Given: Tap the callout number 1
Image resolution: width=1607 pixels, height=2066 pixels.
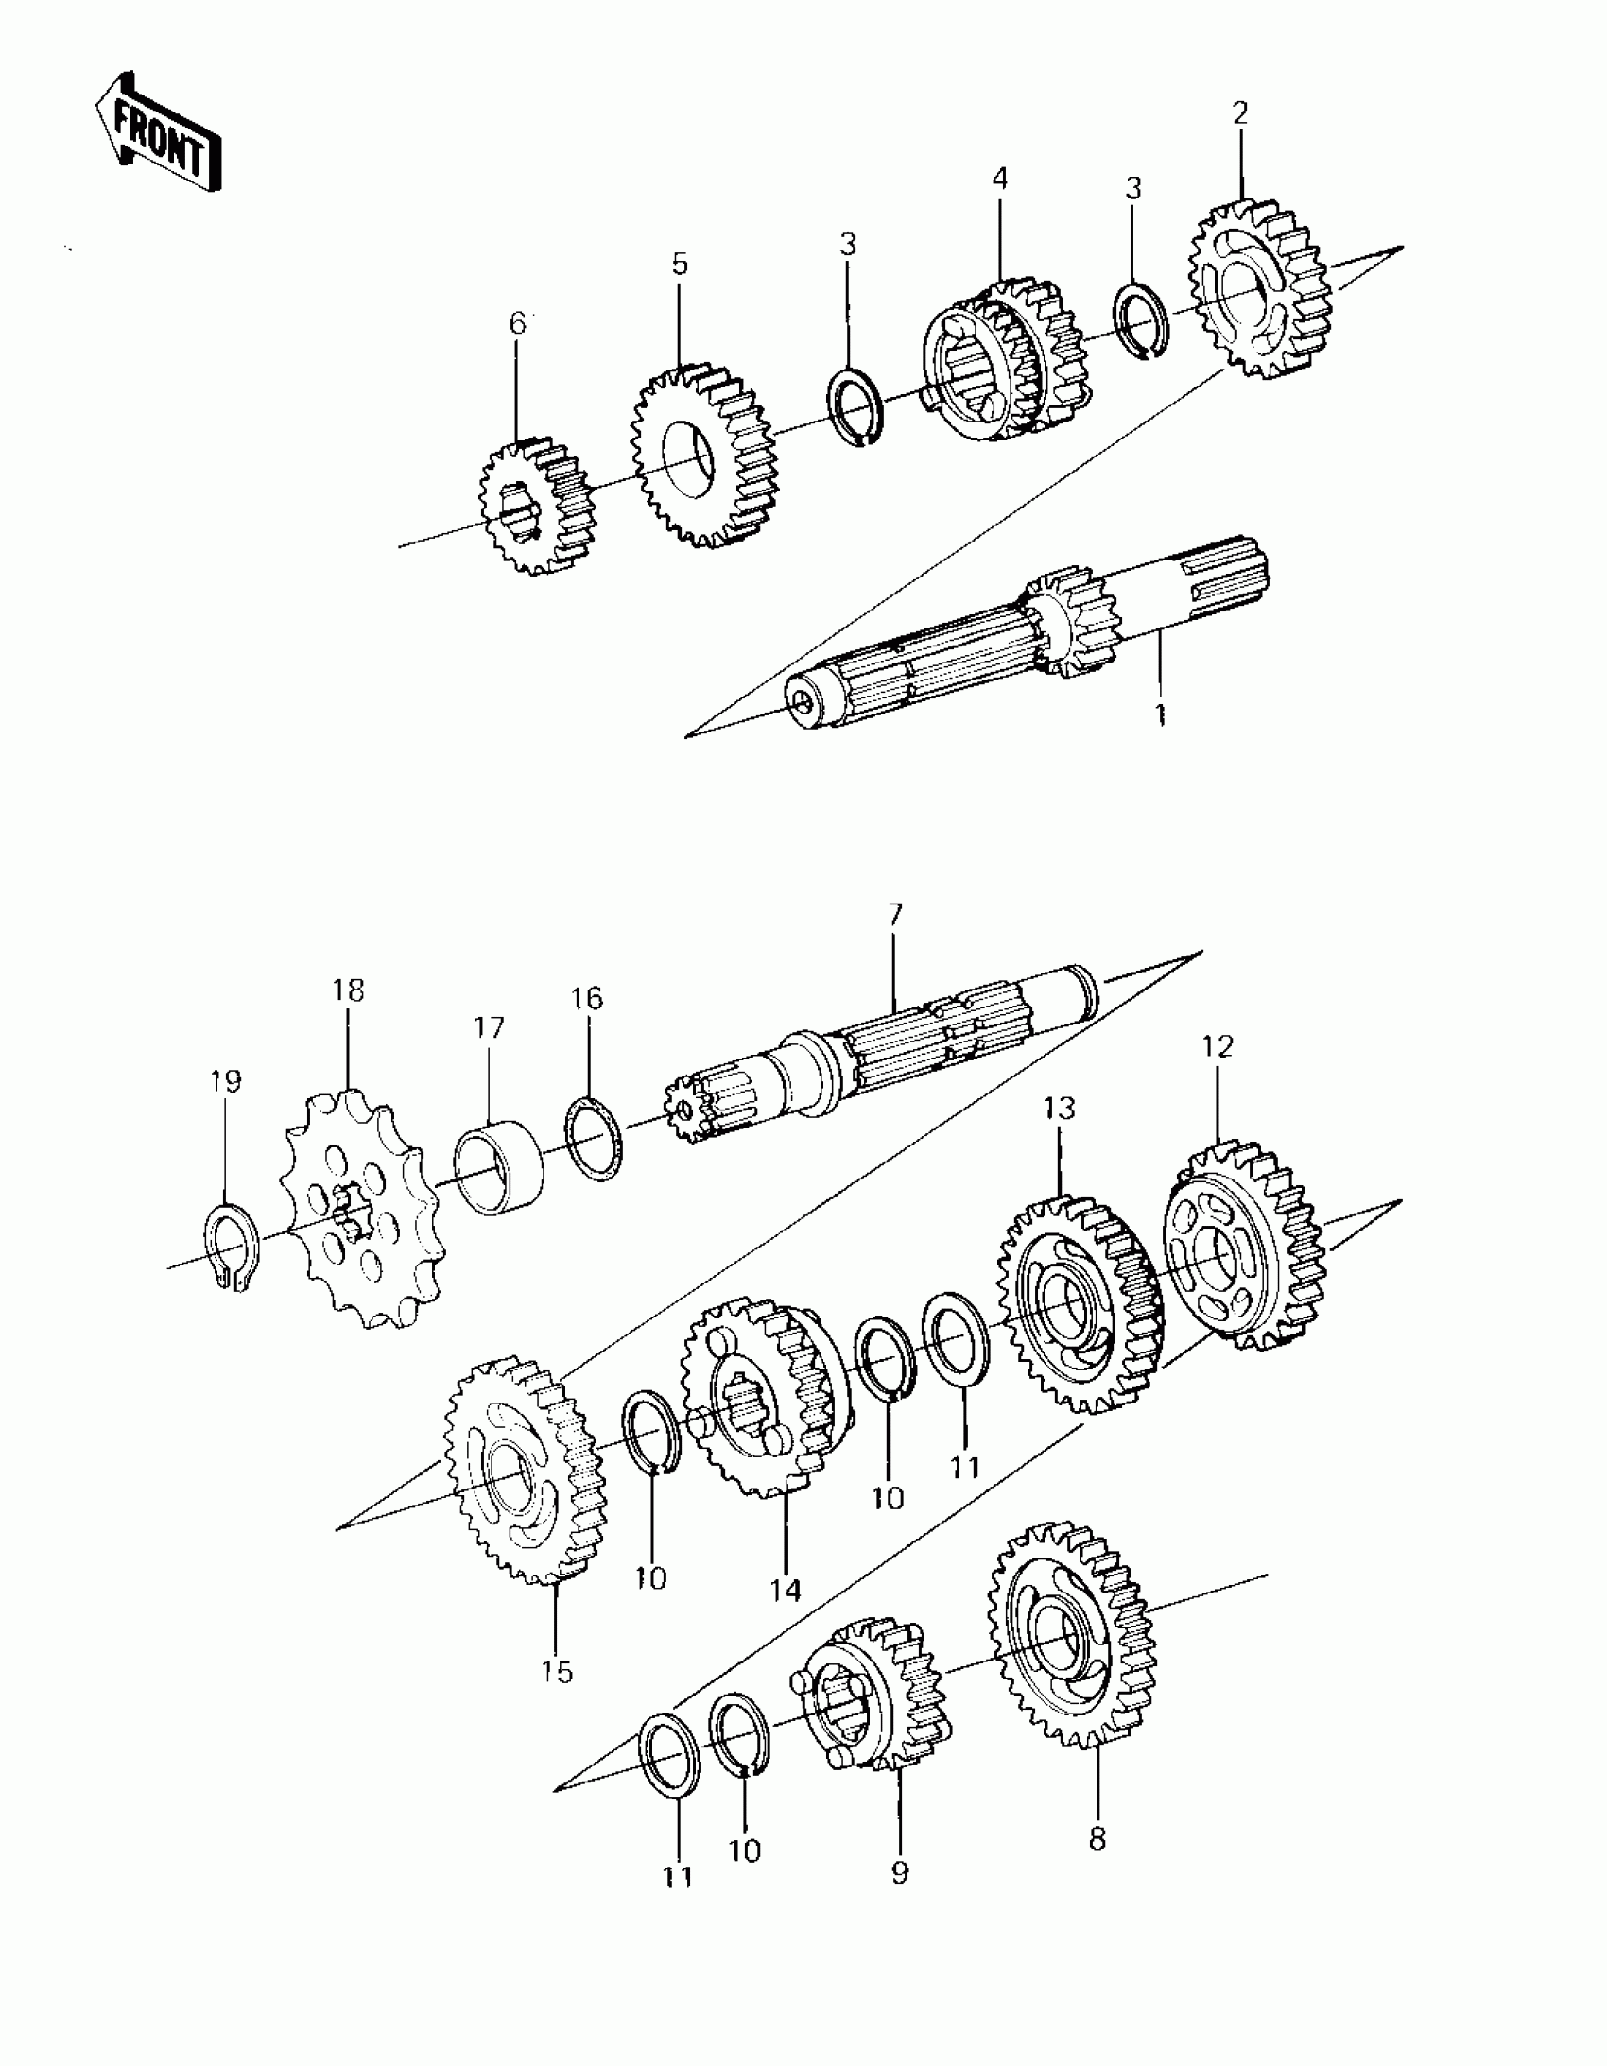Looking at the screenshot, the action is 1158,715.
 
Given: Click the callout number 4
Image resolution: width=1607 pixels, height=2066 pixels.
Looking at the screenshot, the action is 1000,178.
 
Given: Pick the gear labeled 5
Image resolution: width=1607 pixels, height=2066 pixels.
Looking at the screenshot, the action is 705,459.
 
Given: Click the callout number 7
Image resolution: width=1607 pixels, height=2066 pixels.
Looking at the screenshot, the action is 895,914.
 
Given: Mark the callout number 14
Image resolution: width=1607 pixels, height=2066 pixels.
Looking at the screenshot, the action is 785,1591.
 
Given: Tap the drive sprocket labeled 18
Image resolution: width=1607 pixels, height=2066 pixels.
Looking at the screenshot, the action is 359,1211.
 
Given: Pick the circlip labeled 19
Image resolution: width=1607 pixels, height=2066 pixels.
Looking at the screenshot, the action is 227,1249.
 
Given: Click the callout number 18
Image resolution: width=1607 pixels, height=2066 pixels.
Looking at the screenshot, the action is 348,990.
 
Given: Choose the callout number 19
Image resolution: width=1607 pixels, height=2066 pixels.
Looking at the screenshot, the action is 226,1080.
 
